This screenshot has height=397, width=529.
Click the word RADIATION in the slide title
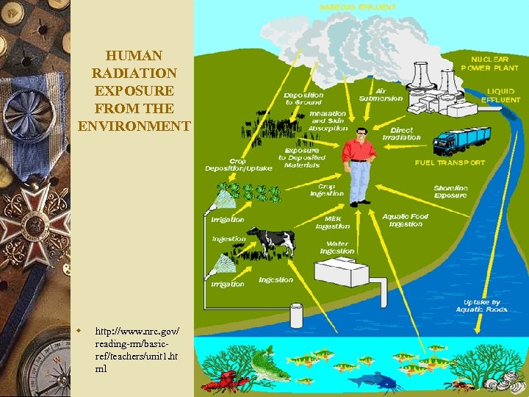(x=134, y=73)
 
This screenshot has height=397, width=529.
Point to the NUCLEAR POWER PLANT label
(x=490, y=63)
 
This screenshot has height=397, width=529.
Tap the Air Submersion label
(x=381, y=95)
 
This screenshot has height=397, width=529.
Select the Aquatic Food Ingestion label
(x=406, y=220)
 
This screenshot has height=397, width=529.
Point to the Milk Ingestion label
(x=332, y=222)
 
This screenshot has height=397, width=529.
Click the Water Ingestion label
(x=337, y=247)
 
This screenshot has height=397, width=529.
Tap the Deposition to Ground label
(x=303, y=99)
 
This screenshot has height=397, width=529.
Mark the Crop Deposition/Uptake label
(x=238, y=165)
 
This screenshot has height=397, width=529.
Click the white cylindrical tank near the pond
(x=298, y=315)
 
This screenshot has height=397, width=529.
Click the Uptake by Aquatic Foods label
(x=481, y=306)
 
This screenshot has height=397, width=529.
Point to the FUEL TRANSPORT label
(x=450, y=162)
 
